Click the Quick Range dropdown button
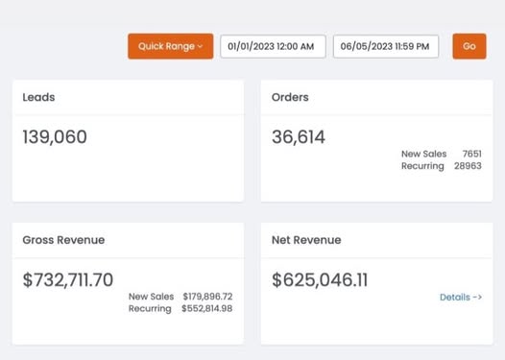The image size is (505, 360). pos(170,46)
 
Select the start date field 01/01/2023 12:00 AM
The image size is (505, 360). pos(273,46)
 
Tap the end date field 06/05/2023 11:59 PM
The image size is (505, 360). pos(386,46)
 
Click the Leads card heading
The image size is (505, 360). pos(38,97)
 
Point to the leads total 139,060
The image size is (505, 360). pos(55,137)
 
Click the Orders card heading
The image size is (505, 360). pos(290,97)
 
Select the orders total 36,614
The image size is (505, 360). pos(299,137)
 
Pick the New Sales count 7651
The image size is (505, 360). pos(471,154)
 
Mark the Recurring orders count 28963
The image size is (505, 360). pos(468,166)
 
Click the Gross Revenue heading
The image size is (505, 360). pos(63,240)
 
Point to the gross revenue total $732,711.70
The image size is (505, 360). pos(68,279)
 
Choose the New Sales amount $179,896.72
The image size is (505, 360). pos(207,297)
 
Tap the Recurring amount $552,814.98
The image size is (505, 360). pos(206,308)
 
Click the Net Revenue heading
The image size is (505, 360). pos(306,240)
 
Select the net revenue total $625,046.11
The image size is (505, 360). pos(320,279)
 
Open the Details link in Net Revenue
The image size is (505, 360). pos(461,298)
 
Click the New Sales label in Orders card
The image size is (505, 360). pos(423,154)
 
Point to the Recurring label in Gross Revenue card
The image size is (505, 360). pos(150,309)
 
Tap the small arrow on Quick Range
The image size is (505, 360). pos(200,46)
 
